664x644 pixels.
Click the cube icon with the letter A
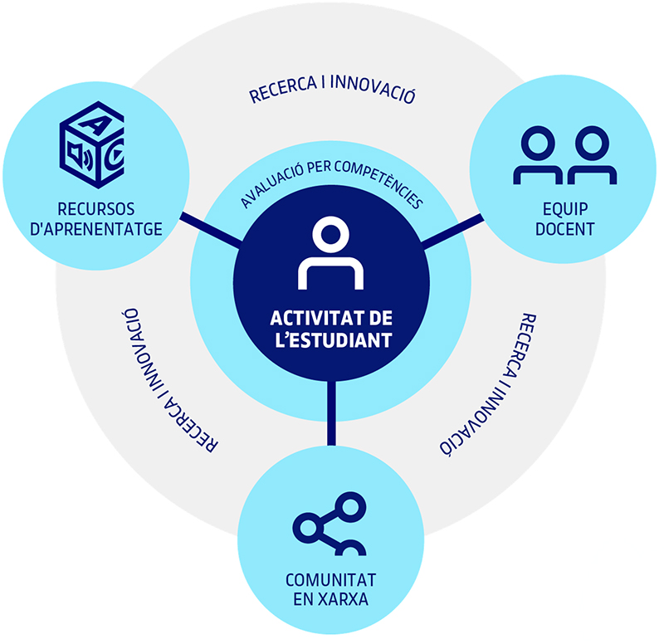92,144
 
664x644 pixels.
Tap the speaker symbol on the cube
80,156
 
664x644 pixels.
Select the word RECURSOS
96,209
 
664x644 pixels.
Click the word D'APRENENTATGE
96,229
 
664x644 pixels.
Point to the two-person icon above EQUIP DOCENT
565,155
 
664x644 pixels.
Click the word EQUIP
565,209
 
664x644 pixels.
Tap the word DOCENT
565,229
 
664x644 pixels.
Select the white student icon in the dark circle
330,253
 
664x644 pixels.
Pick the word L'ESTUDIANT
334,340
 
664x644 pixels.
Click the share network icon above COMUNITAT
330,524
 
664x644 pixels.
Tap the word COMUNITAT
330,580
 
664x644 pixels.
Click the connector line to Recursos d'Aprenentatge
211,230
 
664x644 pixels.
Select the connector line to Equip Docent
452,232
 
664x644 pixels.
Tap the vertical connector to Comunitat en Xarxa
331,412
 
